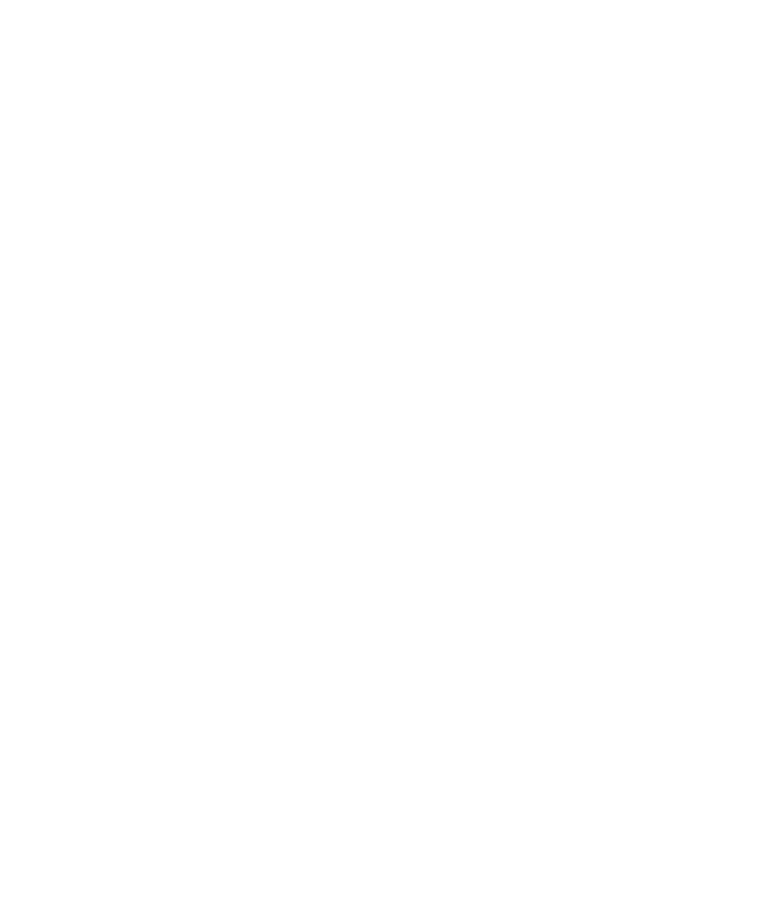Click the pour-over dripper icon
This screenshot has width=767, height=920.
117,127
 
